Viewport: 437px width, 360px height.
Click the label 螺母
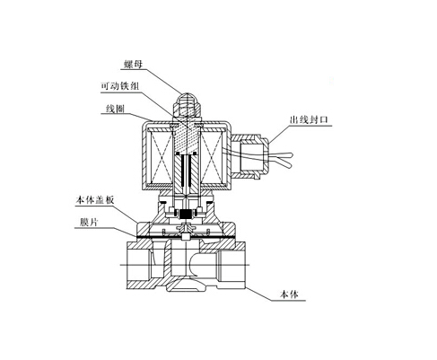click(x=133, y=64)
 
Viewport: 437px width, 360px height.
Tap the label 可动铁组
click(x=120, y=86)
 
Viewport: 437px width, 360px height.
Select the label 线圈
click(x=115, y=109)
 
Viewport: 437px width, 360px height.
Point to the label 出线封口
click(x=309, y=119)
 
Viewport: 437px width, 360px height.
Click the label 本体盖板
click(x=95, y=200)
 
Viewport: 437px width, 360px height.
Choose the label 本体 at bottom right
click(x=289, y=294)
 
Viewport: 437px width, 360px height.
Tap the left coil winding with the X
click(x=161, y=158)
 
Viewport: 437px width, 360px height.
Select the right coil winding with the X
click(x=212, y=158)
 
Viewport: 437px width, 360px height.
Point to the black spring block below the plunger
click(x=187, y=214)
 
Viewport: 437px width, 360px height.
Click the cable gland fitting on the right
click(x=250, y=156)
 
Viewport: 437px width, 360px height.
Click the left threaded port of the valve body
click(x=139, y=266)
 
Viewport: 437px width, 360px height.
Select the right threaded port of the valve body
click(x=232, y=266)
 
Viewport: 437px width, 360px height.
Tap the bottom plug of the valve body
click(x=187, y=285)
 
